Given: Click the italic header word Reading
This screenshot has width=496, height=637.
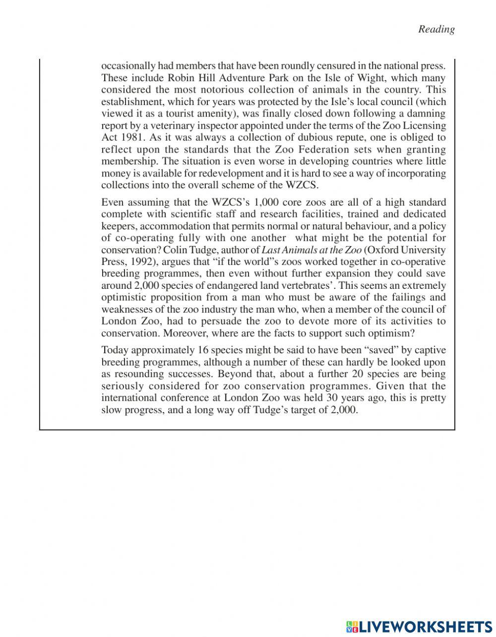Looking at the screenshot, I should click(x=436, y=29).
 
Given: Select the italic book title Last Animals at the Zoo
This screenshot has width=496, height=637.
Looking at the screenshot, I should click(x=311, y=250).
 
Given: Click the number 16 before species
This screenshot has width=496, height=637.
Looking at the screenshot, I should click(x=203, y=350).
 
